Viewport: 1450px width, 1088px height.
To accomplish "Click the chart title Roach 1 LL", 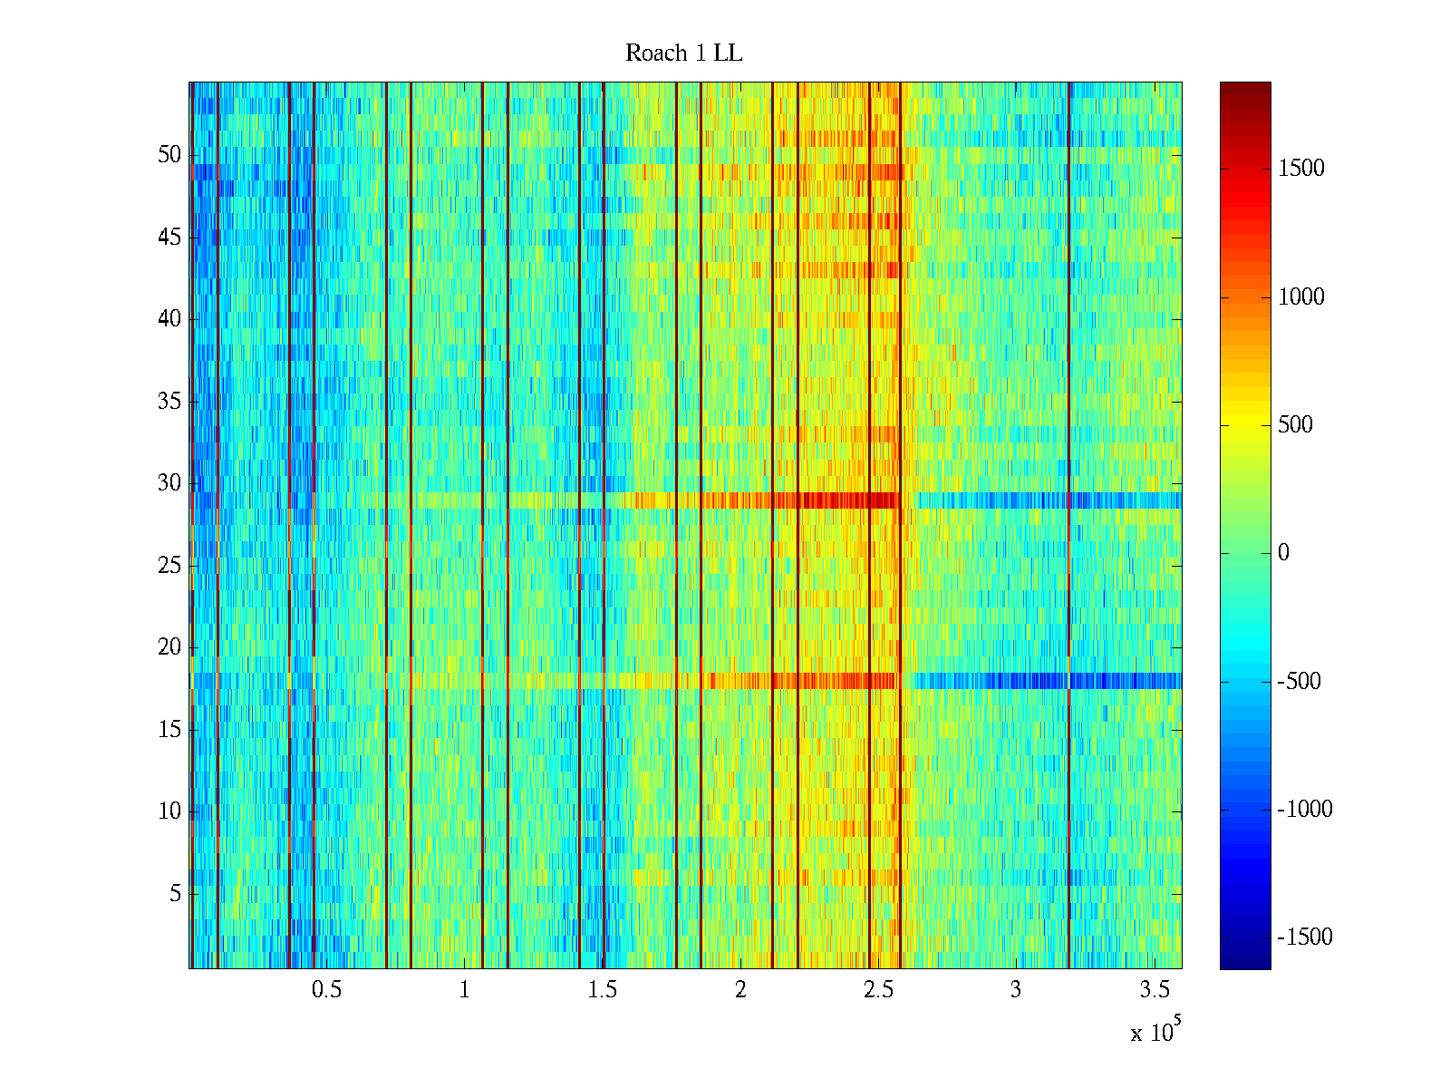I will click(x=683, y=53).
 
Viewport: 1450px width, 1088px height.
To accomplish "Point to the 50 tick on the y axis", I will click(x=169, y=155).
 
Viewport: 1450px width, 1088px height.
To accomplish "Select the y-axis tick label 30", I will click(x=169, y=483).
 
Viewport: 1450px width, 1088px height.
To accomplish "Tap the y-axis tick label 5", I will click(x=175, y=894).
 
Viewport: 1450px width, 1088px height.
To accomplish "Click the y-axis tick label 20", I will click(x=169, y=647).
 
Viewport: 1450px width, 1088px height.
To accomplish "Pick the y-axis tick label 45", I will click(x=169, y=238).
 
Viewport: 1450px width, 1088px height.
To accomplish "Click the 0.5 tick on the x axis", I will click(x=326, y=990).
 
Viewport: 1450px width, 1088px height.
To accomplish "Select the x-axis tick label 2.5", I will click(x=878, y=990).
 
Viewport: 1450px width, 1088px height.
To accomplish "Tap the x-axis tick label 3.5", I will click(x=1154, y=990).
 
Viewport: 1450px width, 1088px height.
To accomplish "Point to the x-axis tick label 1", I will click(x=465, y=990).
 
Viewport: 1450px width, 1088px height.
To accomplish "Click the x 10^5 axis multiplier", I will click(x=1155, y=1032).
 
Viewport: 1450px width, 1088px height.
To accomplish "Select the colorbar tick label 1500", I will click(x=1301, y=169).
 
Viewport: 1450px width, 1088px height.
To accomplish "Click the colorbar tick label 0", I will click(x=1283, y=553).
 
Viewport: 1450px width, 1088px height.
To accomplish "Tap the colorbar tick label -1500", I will click(x=1305, y=937).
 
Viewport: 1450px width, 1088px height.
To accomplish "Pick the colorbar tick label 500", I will click(x=1296, y=425).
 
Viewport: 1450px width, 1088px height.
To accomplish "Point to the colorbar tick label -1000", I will click(x=1305, y=810).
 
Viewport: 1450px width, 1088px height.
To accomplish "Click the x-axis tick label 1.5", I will click(x=603, y=990).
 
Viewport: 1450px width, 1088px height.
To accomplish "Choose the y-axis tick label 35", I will click(x=169, y=402).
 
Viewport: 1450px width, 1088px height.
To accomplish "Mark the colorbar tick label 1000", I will click(x=1301, y=297).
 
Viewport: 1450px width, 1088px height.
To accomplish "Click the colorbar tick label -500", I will click(x=1300, y=682).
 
